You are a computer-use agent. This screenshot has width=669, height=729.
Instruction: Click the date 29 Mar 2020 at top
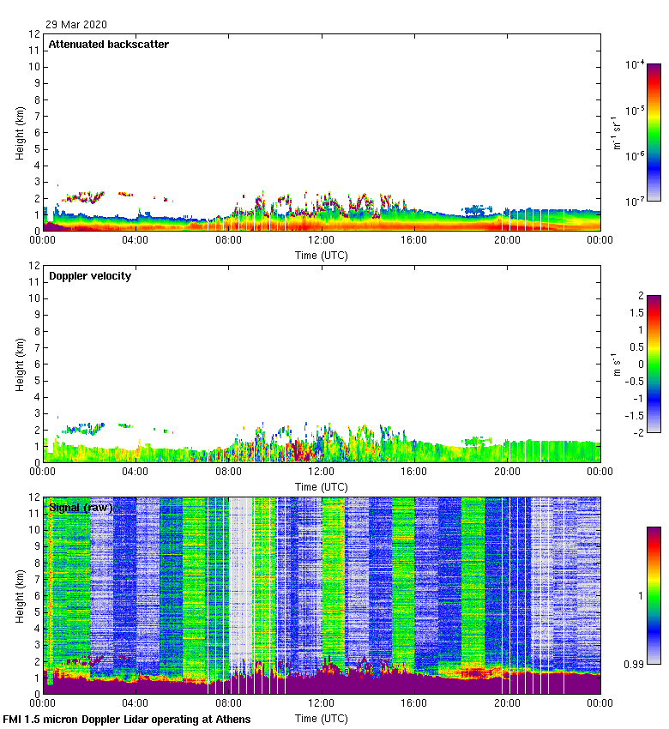click(76, 24)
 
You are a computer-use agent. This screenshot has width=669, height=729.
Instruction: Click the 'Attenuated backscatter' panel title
click(109, 45)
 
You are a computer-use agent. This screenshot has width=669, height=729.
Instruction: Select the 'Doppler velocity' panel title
click(90, 276)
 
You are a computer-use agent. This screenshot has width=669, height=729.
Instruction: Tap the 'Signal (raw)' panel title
click(81, 508)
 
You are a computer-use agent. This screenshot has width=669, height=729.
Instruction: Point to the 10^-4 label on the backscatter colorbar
click(636, 65)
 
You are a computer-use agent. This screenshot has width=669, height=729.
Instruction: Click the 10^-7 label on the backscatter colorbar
click(636, 201)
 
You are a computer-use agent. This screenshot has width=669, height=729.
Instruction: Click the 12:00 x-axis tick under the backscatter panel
click(322, 241)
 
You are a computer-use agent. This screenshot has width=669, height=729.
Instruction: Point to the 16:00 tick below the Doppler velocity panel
click(414, 473)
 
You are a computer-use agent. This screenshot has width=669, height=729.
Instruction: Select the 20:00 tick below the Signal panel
click(507, 704)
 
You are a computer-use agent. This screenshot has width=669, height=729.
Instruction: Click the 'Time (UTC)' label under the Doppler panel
click(322, 487)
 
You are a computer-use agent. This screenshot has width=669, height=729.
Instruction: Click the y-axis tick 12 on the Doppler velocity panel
click(35, 266)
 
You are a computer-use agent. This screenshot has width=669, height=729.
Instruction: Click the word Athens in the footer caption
click(234, 719)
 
